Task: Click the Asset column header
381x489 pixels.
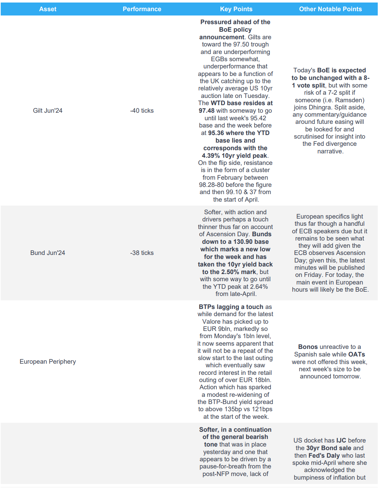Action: pyautogui.click(x=48, y=9)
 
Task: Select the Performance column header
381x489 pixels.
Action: pyautogui.click(x=142, y=9)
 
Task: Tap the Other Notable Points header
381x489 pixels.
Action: pyautogui.click(x=330, y=9)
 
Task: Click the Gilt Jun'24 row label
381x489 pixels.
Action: pyautogui.click(x=48, y=111)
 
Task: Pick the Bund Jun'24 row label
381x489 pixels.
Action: pyautogui.click(x=48, y=253)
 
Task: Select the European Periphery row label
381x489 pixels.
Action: pyautogui.click(x=48, y=362)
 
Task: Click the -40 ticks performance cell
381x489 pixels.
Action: pyautogui.click(x=142, y=111)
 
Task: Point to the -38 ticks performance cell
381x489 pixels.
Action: pyautogui.click(x=142, y=253)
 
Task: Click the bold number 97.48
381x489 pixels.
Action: pyautogui.click(x=206, y=111)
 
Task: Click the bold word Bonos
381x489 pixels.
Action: pyautogui.click(x=308, y=347)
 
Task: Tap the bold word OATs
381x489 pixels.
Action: pyautogui.click(x=356, y=354)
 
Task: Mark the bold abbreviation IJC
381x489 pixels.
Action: pyautogui.click(x=341, y=440)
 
